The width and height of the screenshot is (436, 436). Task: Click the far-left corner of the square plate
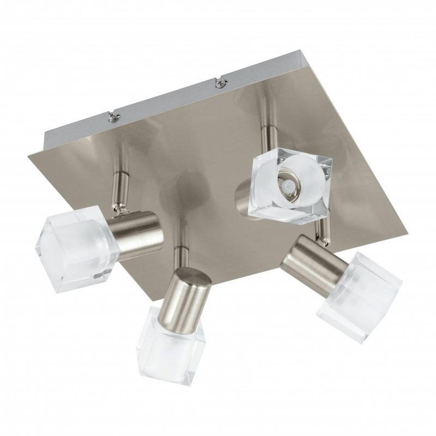point(29,156)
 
